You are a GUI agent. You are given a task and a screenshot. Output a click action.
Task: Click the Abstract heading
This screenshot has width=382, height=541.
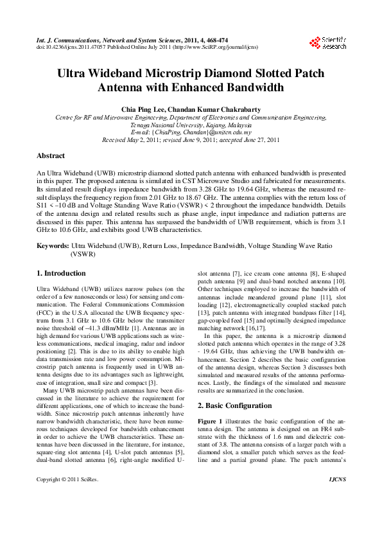51,155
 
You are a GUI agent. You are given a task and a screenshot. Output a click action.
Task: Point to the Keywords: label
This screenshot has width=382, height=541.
53,246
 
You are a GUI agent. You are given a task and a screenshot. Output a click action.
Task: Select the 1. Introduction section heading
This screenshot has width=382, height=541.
62,273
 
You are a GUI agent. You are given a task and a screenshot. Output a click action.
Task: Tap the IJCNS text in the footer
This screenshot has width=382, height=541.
336,497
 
